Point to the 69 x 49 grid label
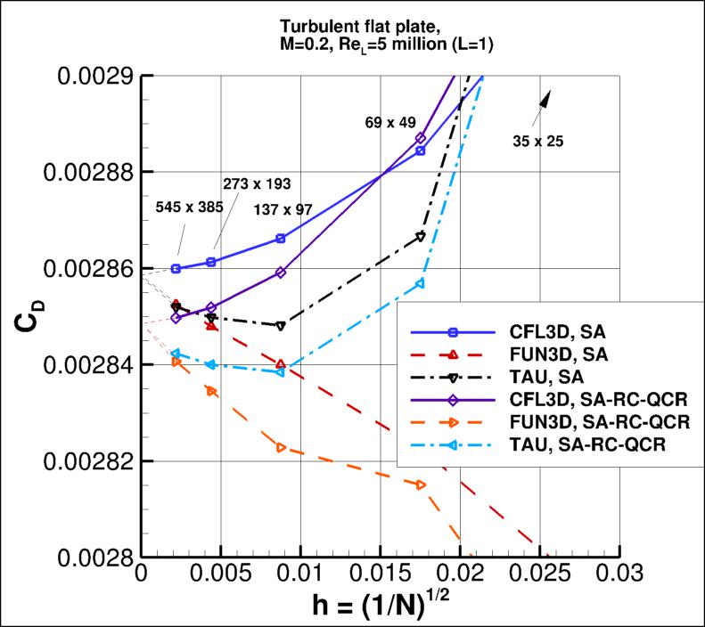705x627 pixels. point(390,121)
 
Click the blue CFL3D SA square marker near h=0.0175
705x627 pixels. point(421,151)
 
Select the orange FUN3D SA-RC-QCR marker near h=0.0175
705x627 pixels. point(421,484)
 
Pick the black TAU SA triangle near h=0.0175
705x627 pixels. point(421,236)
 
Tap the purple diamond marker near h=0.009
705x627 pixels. point(281,273)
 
